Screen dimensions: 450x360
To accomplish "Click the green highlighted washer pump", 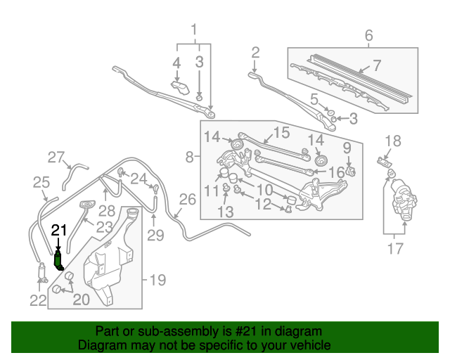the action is [x=58, y=260].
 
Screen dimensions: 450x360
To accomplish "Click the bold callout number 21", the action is [x=59, y=230].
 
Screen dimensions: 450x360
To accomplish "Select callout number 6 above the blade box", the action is [x=368, y=35].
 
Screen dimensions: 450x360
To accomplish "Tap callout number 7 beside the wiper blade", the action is [x=377, y=65].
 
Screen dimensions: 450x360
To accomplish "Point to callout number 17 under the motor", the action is [x=395, y=249].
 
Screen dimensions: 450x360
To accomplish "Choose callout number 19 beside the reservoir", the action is [x=157, y=280].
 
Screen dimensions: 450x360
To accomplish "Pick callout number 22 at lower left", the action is [x=38, y=300].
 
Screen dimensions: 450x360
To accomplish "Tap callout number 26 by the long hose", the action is [x=188, y=200].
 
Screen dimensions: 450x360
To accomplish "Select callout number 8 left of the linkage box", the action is [x=189, y=157].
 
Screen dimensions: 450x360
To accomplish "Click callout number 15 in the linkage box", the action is [x=281, y=132].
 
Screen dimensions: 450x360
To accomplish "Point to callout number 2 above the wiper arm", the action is [x=255, y=53].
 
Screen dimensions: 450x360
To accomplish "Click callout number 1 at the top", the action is [x=194, y=30].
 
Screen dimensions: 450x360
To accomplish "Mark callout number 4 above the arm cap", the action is [x=176, y=63].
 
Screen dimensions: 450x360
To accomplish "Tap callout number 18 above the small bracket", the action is [x=392, y=141].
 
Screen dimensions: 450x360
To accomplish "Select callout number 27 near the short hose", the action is [x=56, y=157].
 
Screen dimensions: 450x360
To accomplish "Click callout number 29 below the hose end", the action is [x=155, y=236].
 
